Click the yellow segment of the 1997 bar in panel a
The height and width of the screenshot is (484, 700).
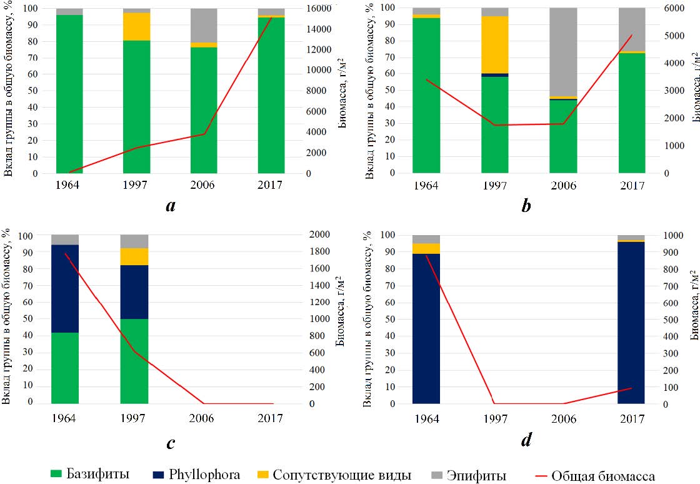click(x=136, y=26)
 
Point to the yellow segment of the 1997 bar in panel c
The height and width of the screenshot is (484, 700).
click(x=134, y=256)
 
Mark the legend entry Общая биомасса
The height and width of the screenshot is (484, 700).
click(x=604, y=476)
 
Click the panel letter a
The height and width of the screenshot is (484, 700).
click(x=170, y=204)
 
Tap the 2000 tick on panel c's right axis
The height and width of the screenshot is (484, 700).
click(x=320, y=235)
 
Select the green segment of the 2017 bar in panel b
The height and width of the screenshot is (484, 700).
click(x=632, y=113)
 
